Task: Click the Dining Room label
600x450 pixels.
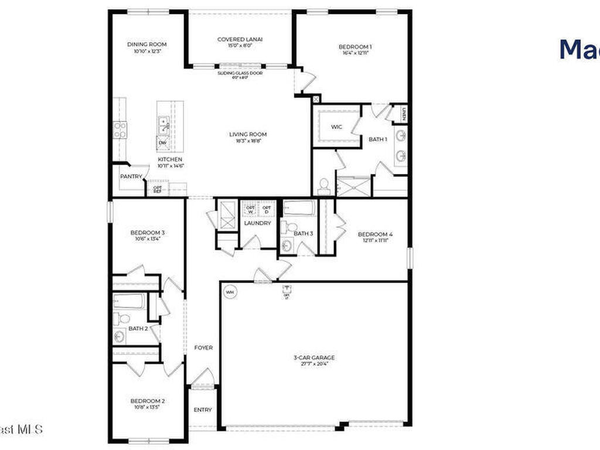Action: pyautogui.click(x=147, y=45)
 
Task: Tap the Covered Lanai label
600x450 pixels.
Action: pyautogui.click(x=240, y=40)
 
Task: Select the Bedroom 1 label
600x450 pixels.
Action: pyautogui.click(x=354, y=47)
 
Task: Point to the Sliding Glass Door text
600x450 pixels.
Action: pyautogui.click(x=240, y=73)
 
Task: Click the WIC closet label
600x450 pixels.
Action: pyautogui.click(x=336, y=127)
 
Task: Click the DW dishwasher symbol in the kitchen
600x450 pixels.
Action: pyautogui.click(x=163, y=142)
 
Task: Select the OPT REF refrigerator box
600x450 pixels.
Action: pyautogui.click(x=158, y=189)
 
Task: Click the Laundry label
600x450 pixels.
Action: pyautogui.click(x=257, y=223)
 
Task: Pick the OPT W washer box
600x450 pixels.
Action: pyautogui.click(x=250, y=209)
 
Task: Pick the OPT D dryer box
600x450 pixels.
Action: pyautogui.click(x=267, y=209)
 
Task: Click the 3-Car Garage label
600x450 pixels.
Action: pyautogui.click(x=314, y=357)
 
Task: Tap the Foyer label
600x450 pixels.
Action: pyautogui.click(x=203, y=348)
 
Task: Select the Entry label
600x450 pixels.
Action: pyautogui.click(x=203, y=410)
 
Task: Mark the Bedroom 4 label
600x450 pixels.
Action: pyautogui.click(x=375, y=235)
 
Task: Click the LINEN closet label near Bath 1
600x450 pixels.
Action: pyautogui.click(x=404, y=113)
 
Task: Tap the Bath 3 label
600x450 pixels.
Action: pyautogui.click(x=304, y=234)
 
